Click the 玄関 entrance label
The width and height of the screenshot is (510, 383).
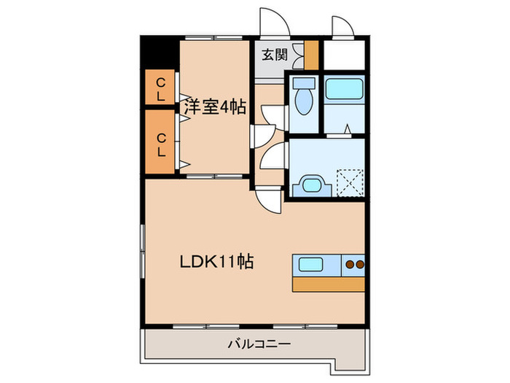[x=274, y=53]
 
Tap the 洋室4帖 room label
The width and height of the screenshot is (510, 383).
[x=214, y=107]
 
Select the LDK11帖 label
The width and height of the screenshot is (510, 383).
[x=216, y=261]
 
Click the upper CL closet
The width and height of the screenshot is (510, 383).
[x=161, y=89]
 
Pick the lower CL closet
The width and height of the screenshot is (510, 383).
[x=161, y=143]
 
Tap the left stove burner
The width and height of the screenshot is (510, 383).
[x=349, y=264]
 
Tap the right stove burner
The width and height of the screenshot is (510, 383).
[x=359, y=264]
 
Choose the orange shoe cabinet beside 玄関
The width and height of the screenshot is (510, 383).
[x=311, y=55]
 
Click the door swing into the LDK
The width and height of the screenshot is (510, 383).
[x=270, y=198]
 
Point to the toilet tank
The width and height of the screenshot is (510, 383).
[x=304, y=83]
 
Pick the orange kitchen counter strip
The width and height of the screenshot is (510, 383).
[x=328, y=284]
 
